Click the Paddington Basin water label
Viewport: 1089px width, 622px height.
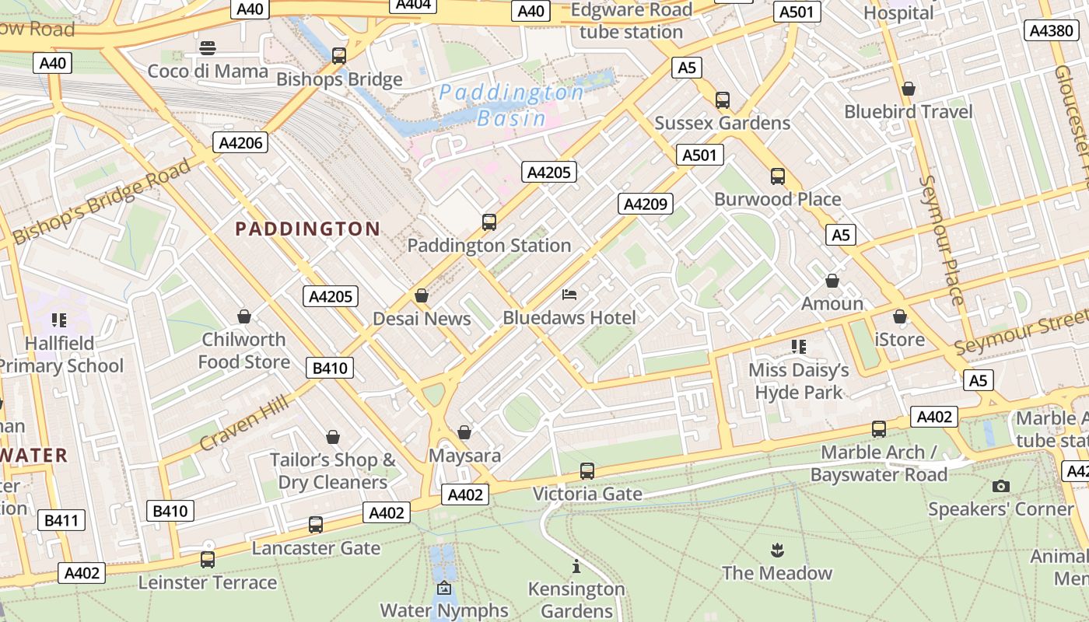[x=511, y=105]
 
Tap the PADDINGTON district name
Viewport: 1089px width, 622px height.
[x=307, y=229]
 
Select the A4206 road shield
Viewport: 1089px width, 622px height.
[x=240, y=142]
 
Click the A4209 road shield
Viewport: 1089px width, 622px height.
[x=646, y=204]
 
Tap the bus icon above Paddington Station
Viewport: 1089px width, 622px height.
[x=489, y=222]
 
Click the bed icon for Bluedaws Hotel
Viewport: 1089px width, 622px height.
[x=569, y=295]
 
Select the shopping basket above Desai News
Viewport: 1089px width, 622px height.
[x=422, y=295]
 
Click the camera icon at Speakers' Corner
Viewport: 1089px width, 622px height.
[x=1001, y=487]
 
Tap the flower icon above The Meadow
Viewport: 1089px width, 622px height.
[x=776, y=551]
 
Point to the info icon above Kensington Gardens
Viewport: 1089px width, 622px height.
[x=576, y=566]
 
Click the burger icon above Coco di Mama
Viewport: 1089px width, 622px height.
[x=208, y=48]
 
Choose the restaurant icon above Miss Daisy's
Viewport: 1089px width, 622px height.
[x=798, y=346]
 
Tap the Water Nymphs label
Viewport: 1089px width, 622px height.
[x=444, y=610]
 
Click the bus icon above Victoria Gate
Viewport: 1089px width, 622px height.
[x=587, y=471]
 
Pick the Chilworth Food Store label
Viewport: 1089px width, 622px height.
[x=244, y=351]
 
